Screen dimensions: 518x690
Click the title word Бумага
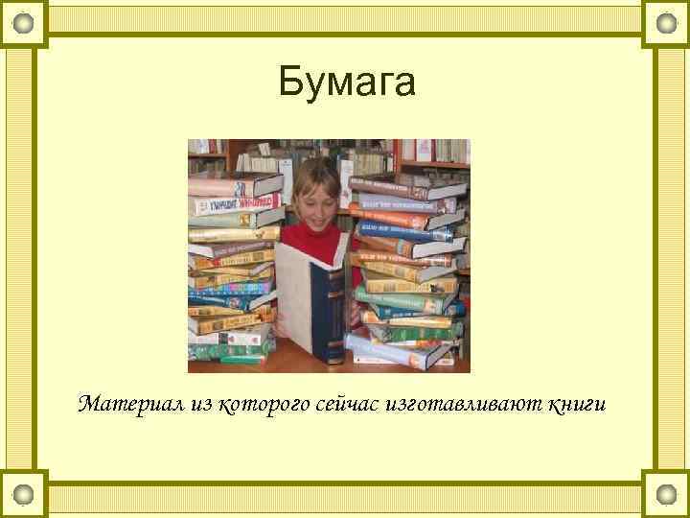click(347, 82)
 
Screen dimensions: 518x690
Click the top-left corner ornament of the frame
click(23, 21)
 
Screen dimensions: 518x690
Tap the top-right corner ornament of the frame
click(666, 21)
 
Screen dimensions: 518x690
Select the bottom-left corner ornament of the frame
click(23, 495)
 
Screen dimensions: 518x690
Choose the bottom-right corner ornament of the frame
click(666, 495)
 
